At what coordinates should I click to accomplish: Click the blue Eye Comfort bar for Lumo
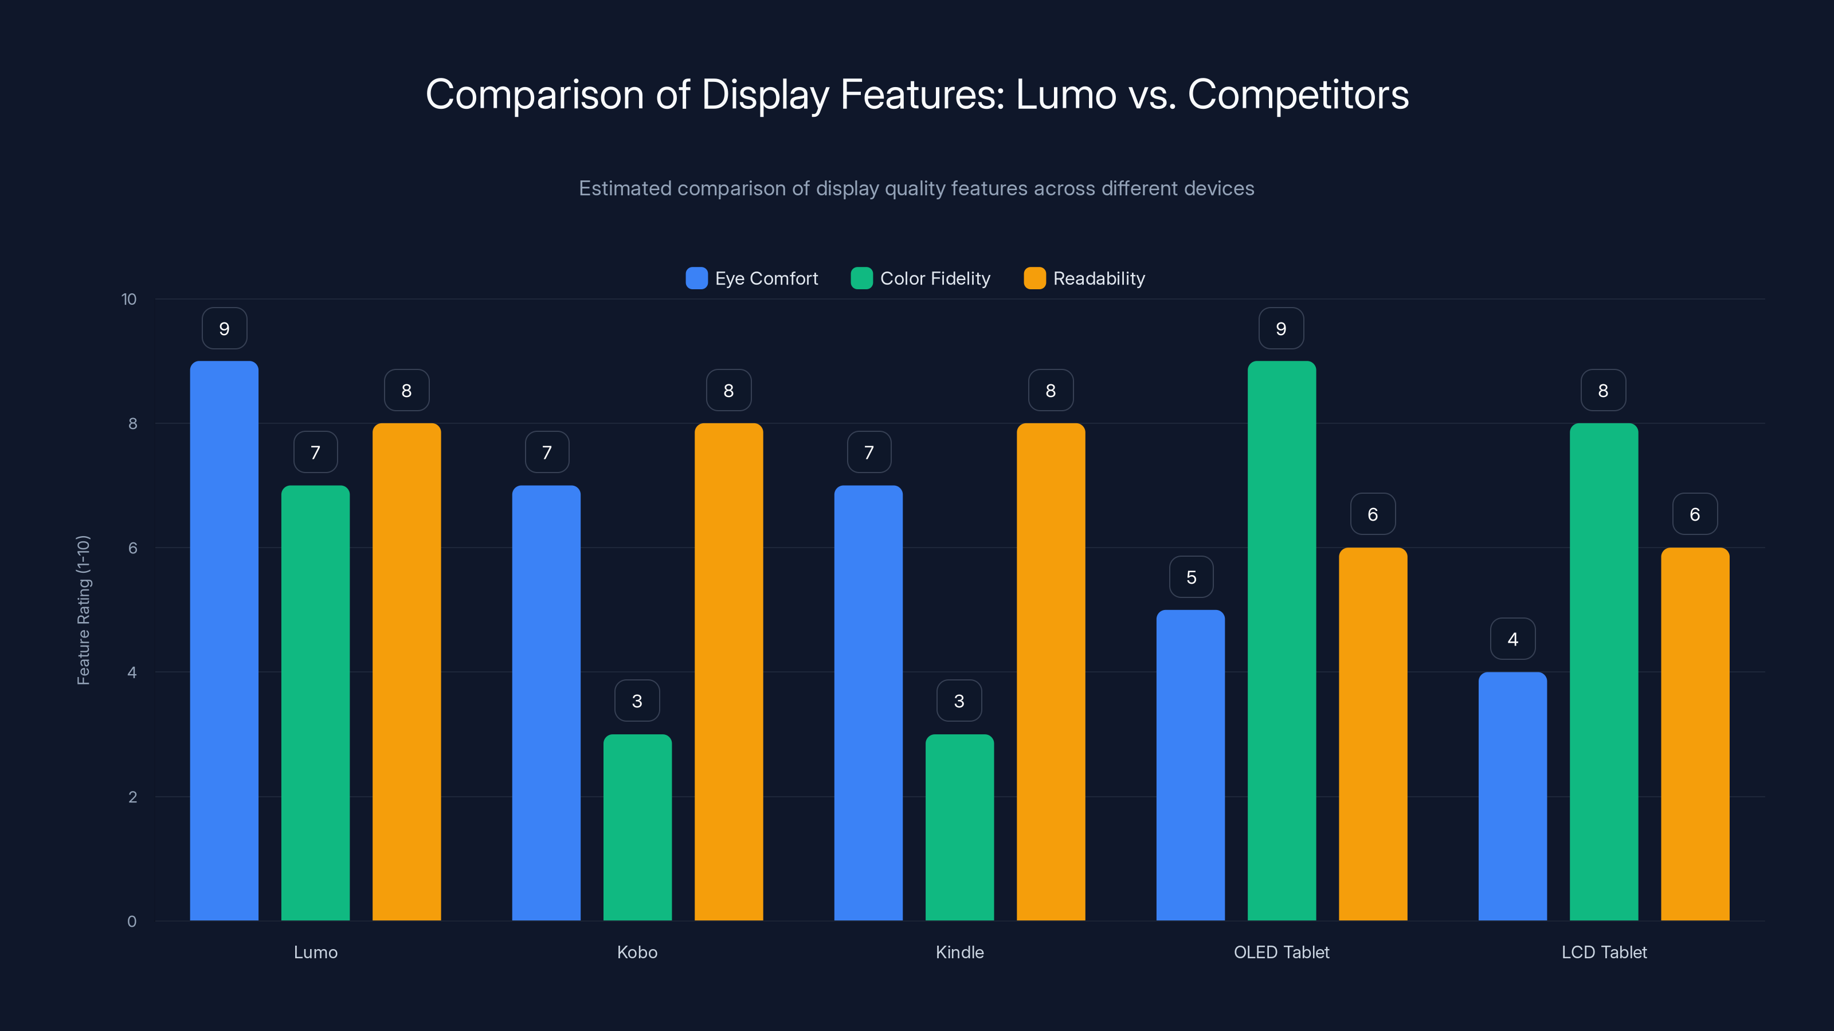[224, 640]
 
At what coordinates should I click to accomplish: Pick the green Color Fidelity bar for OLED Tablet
[1281, 640]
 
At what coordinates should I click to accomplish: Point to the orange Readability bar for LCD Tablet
[1695, 734]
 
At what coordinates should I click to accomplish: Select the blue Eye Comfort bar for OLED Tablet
[1190, 765]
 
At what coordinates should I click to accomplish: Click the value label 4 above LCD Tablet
[1512, 639]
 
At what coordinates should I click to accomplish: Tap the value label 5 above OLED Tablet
[1191, 577]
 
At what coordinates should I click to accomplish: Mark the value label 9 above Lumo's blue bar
[224, 329]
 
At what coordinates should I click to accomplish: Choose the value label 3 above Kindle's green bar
[959, 701]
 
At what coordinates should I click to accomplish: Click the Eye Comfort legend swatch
[696, 278]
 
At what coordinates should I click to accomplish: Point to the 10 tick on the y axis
[129, 299]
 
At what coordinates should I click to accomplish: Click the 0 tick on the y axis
[132, 922]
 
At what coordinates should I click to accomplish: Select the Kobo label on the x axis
[637, 952]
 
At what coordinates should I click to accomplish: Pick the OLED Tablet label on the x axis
[1281, 952]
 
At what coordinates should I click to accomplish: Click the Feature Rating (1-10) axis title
[83, 610]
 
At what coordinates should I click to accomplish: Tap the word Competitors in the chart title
[1298, 94]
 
